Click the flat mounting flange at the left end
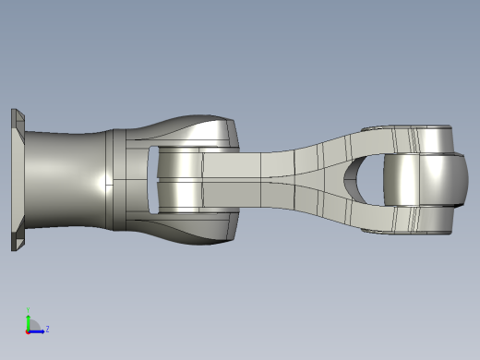[16, 180]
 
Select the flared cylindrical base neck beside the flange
[65, 180]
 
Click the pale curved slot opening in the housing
[152, 180]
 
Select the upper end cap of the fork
[406, 137]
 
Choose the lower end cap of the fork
[406, 222]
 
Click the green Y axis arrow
[29, 317]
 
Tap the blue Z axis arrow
[38, 330]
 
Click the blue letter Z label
[47, 329]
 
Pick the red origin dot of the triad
[29, 330]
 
